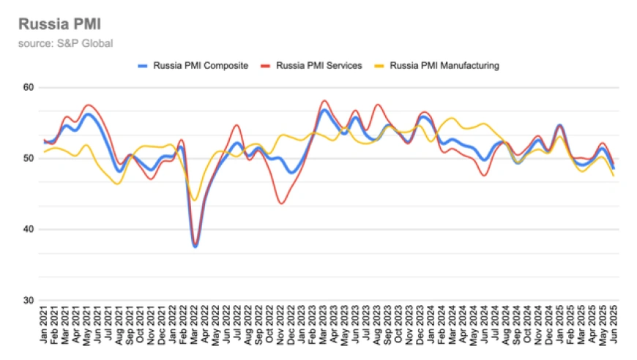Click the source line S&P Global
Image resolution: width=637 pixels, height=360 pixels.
(66, 43)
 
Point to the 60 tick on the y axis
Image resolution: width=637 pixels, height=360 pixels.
(29, 88)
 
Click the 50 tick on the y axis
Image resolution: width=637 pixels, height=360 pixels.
(29, 159)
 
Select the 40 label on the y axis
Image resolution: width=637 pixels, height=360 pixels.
(29, 230)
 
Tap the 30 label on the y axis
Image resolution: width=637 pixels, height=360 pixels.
(29, 301)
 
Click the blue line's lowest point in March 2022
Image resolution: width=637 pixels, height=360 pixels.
(195, 247)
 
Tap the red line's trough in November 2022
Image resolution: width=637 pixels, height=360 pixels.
(281, 203)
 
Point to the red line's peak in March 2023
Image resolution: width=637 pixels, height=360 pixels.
(324, 100)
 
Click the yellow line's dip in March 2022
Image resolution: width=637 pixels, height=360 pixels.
(195, 200)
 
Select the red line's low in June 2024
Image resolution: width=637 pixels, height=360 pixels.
(484, 176)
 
